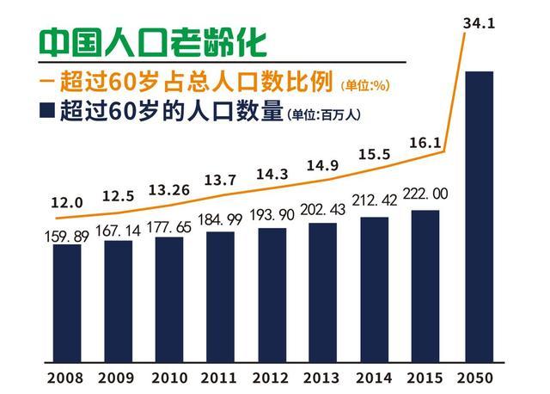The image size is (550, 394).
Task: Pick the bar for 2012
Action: click(272, 296)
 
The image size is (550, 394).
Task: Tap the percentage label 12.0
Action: click(65, 203)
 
